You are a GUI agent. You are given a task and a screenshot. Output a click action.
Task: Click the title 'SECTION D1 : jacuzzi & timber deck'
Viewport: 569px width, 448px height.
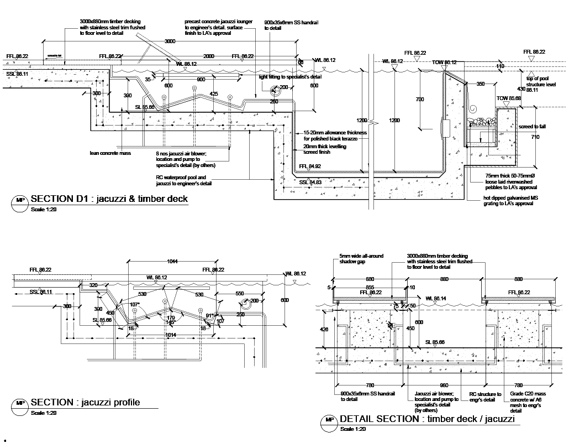click(109, 199)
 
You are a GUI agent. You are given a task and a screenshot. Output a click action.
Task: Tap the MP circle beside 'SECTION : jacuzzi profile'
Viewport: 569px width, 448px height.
click(20, 404)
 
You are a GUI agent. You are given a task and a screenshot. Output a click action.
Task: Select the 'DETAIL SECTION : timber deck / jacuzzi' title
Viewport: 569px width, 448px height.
click(427, 419)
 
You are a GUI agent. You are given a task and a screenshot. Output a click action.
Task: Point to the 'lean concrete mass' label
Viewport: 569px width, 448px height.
click(110, 153)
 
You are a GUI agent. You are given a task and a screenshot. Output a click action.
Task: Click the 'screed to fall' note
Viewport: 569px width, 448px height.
click(532, 127)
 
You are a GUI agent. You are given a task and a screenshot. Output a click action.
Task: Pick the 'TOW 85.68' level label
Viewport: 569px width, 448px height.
click(508, 98)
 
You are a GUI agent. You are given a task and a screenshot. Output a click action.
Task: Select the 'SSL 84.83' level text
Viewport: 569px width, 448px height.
click(310, 181)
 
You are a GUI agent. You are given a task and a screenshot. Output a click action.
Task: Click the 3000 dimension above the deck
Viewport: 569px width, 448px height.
click(170, 41)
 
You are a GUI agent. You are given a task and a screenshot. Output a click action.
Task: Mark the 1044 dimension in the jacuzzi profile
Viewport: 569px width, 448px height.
click(172, 261)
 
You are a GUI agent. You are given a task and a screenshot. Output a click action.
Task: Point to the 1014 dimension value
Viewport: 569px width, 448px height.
click(171, 335)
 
